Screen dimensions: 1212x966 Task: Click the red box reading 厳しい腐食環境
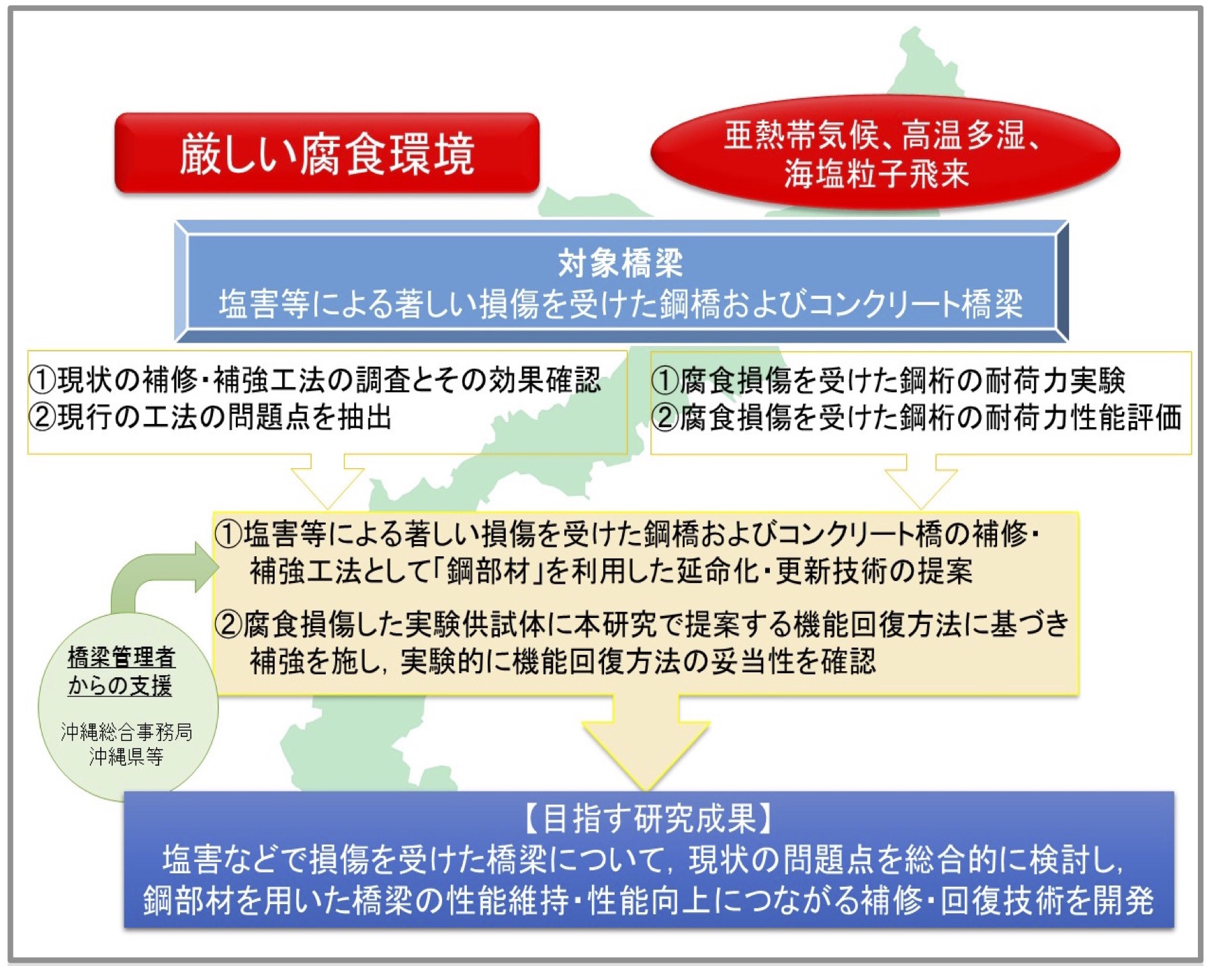pos(327,153)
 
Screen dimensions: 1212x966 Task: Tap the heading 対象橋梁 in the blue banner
pos(621,263)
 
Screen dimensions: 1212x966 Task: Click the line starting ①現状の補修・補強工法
pos(314,380)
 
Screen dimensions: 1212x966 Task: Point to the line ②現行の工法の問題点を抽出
pos(210,417)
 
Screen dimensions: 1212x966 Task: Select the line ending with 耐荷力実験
pos(888,380)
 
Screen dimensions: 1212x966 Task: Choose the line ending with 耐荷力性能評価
pos(916,417)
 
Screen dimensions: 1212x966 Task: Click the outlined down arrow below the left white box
pos(327,480)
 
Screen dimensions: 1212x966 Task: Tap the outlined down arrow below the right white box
pos(921,480)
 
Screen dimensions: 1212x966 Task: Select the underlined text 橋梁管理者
pos(122,657)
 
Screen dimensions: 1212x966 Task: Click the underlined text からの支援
pos(120,686)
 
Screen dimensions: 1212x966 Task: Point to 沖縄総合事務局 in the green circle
pos(126,732)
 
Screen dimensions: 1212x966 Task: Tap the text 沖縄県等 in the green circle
pos(126,756)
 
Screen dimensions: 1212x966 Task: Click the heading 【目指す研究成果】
pos(648,818)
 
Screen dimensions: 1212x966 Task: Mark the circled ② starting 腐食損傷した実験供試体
pos(228,624)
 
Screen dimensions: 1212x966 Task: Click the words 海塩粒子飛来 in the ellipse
pos(876,174)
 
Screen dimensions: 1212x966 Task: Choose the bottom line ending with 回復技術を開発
pos(648,901)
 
